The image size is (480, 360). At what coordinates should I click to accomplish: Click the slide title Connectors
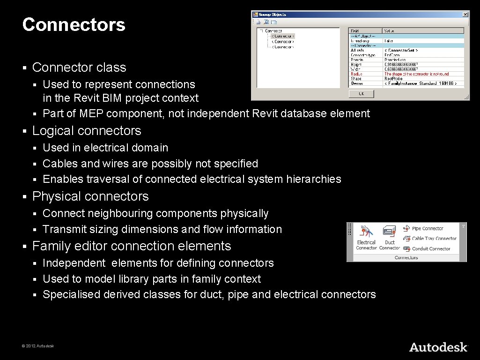74,25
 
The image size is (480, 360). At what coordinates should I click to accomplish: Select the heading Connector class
79,67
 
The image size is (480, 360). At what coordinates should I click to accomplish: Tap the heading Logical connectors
87,131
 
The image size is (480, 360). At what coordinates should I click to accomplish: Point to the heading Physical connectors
90,196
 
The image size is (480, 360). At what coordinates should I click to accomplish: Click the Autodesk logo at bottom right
438,347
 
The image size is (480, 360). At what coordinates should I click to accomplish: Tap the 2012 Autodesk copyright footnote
37,346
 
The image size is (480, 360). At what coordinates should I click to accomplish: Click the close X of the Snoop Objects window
465,15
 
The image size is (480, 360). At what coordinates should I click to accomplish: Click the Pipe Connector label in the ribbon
427,229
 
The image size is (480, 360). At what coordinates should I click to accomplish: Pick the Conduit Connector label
431,249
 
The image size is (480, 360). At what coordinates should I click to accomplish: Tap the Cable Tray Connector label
434,239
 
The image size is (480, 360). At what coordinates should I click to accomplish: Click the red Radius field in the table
357,74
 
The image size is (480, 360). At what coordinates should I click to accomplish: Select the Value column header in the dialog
389,31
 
